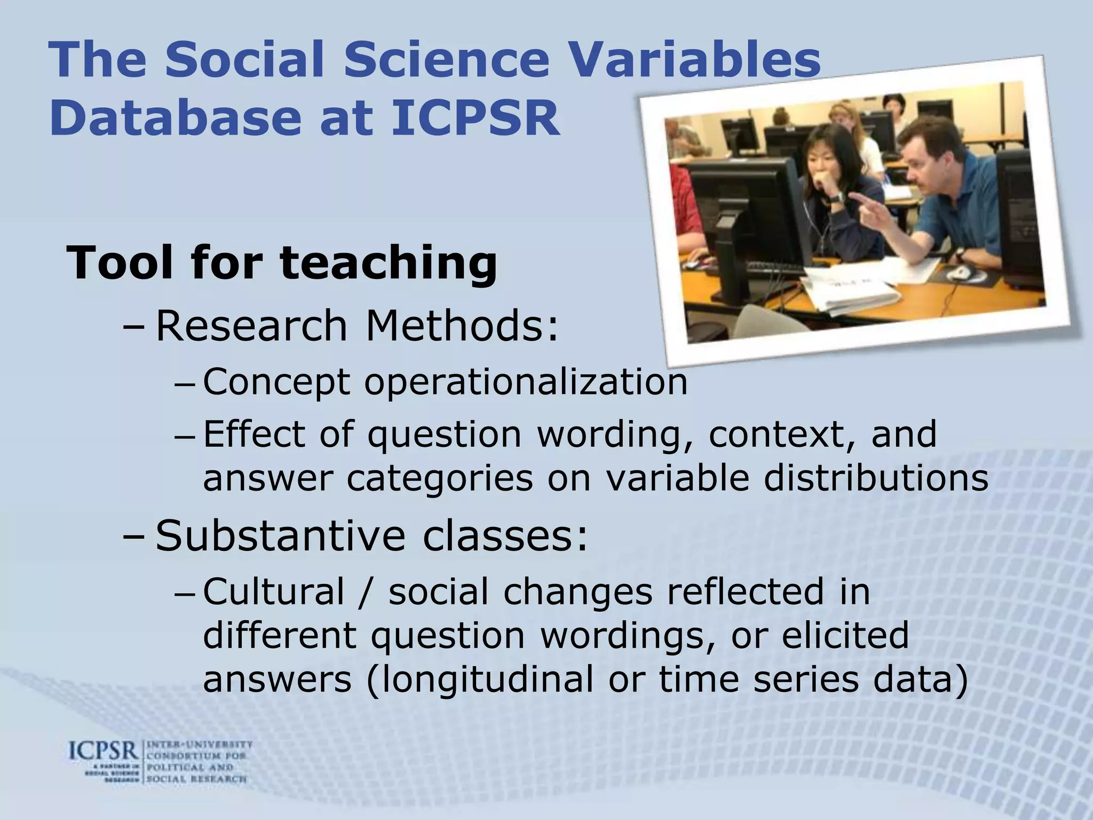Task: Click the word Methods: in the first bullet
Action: tap(462, 326)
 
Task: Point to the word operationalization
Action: tap(526, 382)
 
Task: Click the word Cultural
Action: tap(274, 592)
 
